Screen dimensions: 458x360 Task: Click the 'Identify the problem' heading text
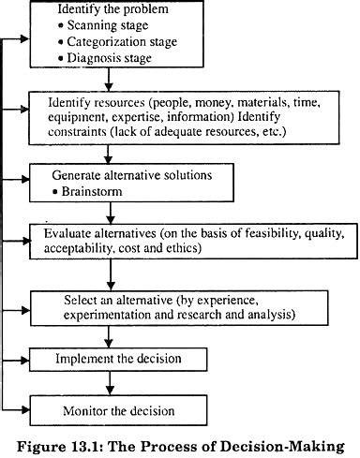coord(101,9)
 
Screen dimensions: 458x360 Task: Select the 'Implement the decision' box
coord(112,359)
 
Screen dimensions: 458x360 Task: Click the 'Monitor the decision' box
coord(112,409)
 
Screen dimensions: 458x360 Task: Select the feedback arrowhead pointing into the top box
coord(24,40)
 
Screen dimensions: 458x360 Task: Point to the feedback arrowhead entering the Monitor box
coord(24,408)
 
